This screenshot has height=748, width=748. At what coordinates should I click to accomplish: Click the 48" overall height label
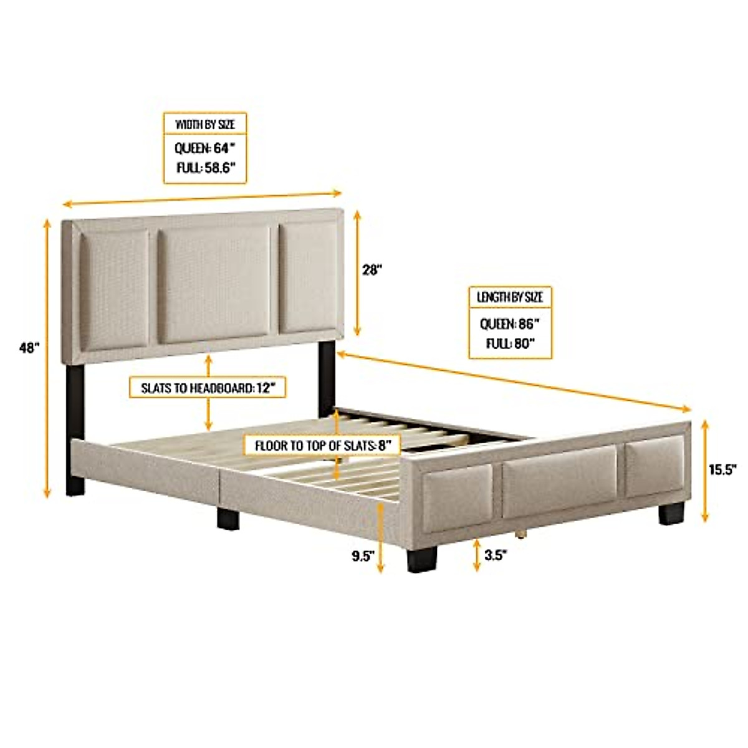(29, 348)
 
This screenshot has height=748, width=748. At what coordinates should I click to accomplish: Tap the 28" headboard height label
(372, 270)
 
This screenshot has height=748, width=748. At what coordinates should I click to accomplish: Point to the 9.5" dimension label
(362, 556)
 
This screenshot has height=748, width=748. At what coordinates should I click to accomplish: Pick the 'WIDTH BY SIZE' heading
(205, 124)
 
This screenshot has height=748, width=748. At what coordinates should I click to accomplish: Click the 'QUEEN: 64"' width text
(205, 148)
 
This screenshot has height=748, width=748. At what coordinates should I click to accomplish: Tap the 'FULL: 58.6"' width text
(205, 168)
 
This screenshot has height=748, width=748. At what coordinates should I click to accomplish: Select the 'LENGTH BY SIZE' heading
(510, 297)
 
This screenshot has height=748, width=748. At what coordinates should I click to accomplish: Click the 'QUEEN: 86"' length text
(510, 324)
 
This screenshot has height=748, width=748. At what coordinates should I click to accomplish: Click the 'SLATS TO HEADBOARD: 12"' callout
(207, 388)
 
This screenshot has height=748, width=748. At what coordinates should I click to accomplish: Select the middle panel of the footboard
(559, 481)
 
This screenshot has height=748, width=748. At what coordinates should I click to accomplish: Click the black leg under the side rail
(229, 517)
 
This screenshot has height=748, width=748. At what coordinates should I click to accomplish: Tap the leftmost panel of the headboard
(115, 290)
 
